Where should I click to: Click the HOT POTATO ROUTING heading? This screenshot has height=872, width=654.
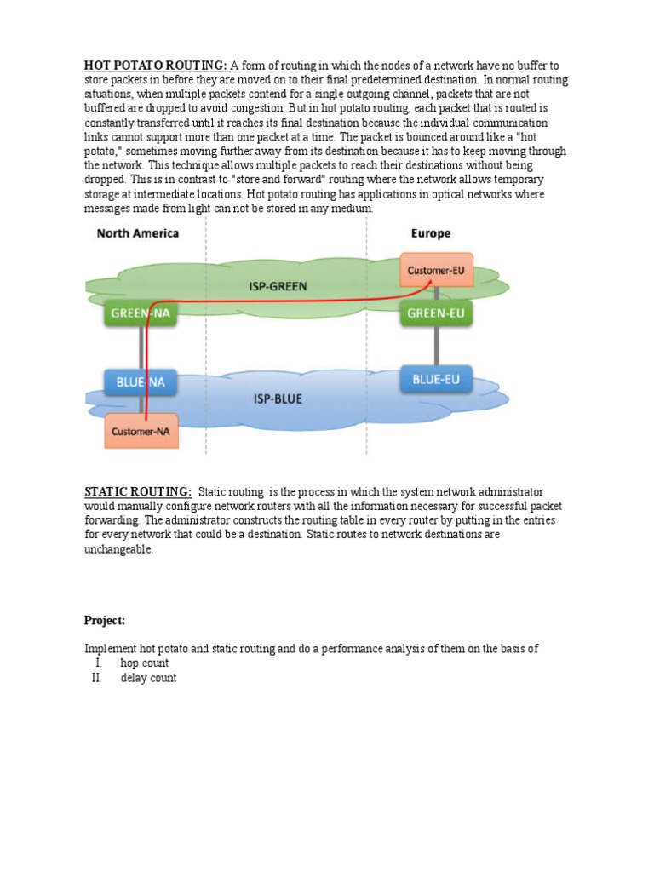point(155,66)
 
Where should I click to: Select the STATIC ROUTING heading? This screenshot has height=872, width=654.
point(137,492)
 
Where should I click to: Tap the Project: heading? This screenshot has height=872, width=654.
point(104,620)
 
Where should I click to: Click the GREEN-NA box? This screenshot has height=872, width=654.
point(141,313)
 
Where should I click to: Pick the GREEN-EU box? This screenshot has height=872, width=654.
point(437,313)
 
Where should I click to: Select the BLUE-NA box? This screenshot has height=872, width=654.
point(141,382)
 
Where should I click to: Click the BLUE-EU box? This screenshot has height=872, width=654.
point(437,380)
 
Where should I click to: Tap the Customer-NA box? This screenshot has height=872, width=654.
point(141,432)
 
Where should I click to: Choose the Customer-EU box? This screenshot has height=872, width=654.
point(437,270)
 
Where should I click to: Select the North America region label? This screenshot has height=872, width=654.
point(138,232)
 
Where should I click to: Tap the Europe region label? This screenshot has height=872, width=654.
point(431,232)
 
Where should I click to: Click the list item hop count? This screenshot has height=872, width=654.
point(144,663)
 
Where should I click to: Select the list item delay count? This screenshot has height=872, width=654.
point(148,679)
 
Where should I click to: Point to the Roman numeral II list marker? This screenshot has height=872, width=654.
point(96,679)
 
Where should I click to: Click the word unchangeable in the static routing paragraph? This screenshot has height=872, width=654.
point(119,550)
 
